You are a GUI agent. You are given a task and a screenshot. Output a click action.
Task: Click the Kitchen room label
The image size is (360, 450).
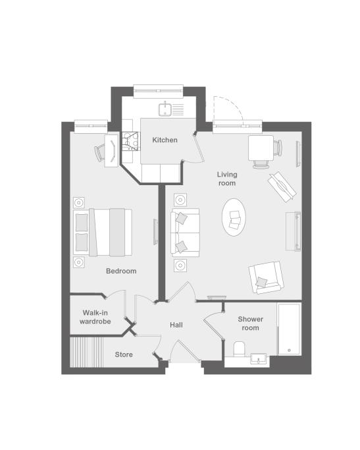(x=165, y=140)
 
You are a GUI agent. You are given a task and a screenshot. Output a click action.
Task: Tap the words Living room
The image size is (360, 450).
(x=227, y=179)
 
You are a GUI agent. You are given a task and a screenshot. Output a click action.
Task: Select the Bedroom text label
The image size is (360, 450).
(x=121, y=271)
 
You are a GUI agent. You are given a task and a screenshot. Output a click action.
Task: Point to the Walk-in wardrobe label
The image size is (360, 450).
(x=95, y=317)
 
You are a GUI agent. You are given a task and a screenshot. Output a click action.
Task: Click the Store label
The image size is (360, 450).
(x=124, y=354)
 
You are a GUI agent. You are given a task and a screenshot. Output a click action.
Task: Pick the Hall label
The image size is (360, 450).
(x=176, y=325)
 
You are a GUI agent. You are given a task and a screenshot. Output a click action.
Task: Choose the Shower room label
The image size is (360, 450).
(x=251, y=323)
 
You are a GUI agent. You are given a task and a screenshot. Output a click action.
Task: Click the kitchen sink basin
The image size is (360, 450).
(x=165, y=109)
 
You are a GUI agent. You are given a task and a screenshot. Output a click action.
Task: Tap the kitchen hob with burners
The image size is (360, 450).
(x=131, y=141)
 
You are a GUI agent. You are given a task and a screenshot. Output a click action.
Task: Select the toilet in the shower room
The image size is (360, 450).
(x=240, y=349)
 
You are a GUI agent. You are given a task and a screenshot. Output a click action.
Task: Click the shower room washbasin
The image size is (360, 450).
(x=258, y=358)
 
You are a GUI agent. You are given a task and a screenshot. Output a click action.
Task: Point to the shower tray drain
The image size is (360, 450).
(x=289, y=351)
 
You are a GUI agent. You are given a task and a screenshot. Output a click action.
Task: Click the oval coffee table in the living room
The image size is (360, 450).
(x=234, y=217)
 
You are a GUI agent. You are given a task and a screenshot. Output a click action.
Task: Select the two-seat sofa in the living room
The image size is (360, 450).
(x=185, y=233)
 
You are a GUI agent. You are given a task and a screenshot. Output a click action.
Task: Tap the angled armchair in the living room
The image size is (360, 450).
(x=266, y=277)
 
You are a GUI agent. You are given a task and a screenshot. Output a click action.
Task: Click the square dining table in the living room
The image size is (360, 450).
(x=261, y=148)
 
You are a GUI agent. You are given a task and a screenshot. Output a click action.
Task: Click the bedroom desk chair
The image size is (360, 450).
(x=99, y=152)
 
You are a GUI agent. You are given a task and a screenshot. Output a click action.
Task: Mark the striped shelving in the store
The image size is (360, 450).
(x=86, y=352)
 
